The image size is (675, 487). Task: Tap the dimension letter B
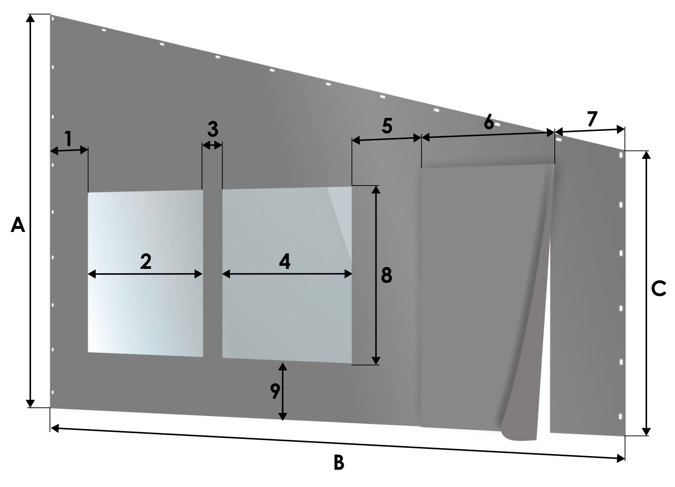coord(339,462)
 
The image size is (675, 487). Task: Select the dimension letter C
coord(658,289)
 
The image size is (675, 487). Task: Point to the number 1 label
coord(69,139)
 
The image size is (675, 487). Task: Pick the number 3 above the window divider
coord(213,129)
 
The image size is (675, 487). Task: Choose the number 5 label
coord(387,126)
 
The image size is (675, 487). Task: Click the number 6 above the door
coord(489,122)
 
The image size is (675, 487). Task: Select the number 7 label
coord(592,119)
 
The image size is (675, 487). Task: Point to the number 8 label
coord(387,275)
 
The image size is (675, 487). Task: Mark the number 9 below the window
coord(275,391)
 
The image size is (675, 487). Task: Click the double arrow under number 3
coord(212,146)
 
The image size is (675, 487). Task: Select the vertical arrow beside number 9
coord(283,391)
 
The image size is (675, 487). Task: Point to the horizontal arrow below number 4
coord(287,274)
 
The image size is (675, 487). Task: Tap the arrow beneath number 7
coord(590,131)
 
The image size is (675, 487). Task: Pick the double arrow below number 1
coord(69,150)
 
